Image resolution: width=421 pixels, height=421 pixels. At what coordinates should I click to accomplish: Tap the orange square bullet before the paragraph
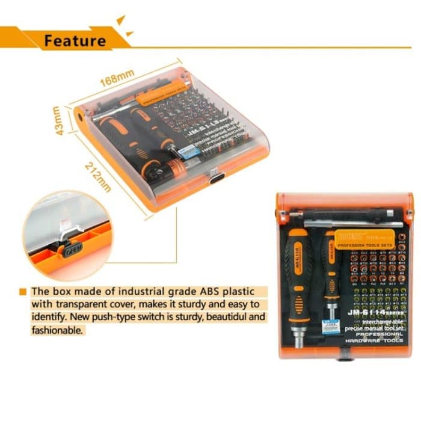point(23,290)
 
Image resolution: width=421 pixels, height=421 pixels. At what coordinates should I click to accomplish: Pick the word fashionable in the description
point(59,330)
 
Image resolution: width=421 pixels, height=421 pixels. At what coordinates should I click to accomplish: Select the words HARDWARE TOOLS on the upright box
point(375,341)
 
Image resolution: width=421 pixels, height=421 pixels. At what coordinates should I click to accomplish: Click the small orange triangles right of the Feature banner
point(123,27)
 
